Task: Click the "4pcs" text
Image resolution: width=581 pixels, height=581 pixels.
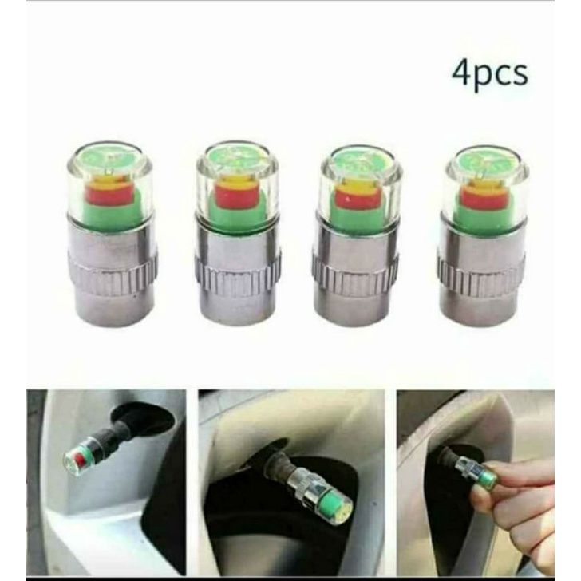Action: (x=490, y=73)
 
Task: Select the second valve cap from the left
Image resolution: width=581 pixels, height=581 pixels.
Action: (x=236, y=231)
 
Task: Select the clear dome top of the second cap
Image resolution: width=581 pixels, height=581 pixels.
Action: (x=237, y=160)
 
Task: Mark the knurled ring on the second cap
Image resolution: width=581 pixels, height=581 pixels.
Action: (x=236, y=268)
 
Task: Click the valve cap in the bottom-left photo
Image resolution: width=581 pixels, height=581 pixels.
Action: (x=83, y=457)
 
